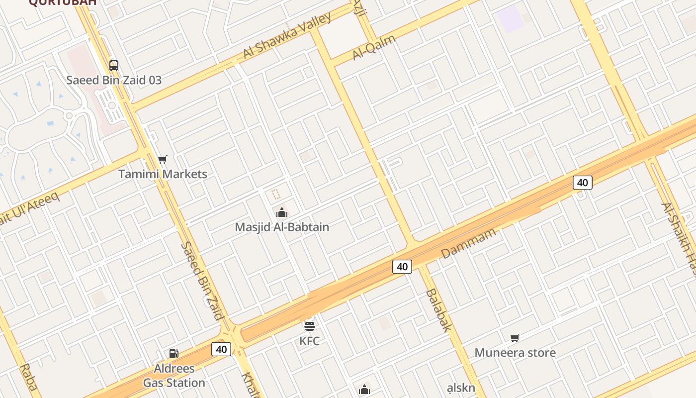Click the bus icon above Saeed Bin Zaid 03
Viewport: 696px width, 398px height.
point(114,65)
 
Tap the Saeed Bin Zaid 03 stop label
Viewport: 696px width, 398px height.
point(114,80)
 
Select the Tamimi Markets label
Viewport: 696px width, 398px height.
point(163,174)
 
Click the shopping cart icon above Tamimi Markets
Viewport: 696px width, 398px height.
point(163,160)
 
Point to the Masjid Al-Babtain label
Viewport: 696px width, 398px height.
point(282,227)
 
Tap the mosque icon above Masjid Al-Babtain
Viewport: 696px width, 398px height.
point(282,213)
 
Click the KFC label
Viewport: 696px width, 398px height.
point(309,341)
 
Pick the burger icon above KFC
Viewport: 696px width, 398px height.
point(309,326)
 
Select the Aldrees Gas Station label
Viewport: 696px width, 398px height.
point(174,376)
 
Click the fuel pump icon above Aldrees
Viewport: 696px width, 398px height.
point(174,354)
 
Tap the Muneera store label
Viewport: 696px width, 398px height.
point(515,353)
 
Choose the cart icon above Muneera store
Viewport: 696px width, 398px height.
point(515,338)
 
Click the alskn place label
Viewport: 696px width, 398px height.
point(461,388)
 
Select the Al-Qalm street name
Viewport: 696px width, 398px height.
point(374,47)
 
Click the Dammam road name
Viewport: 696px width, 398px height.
point(468,243)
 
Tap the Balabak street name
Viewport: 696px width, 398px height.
point(438,309)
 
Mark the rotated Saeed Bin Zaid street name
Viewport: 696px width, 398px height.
point(201,281)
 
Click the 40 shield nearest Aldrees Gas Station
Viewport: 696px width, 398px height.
point(221,349)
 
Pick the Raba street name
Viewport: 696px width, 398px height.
point(28,378)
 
